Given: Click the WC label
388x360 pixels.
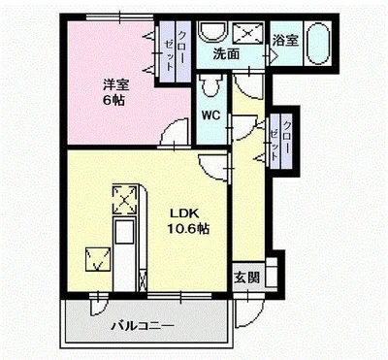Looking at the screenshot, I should pyautogui.click(x=210, y=115).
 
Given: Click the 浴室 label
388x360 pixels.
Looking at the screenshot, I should pyautogui.click(x=285, y=41).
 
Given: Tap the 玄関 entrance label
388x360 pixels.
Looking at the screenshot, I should pyautogui.click(x=246, y=278).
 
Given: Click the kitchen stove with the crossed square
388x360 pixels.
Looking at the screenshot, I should pyautogui.click(x=124, y=200).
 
